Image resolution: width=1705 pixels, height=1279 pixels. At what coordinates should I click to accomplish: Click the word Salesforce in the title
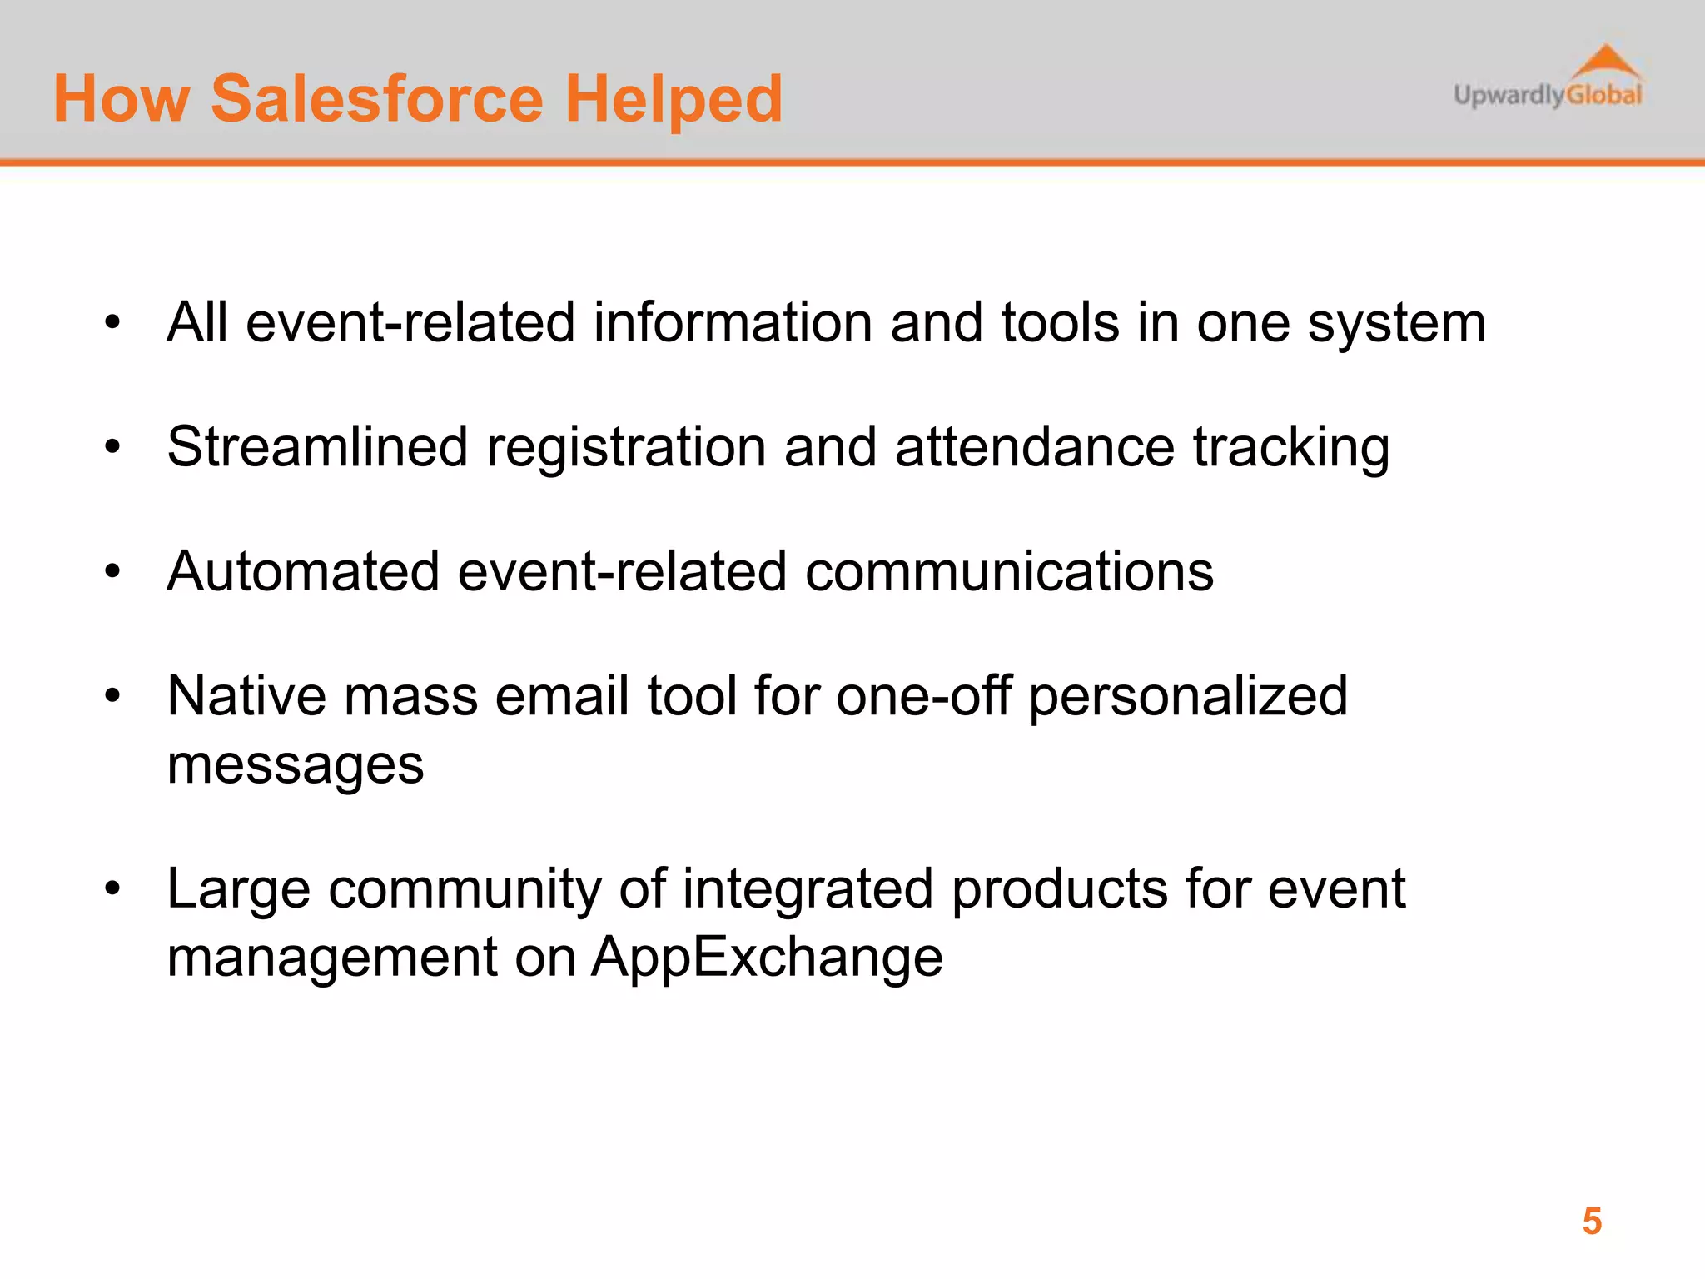pyautogui.click(x=377, y=99)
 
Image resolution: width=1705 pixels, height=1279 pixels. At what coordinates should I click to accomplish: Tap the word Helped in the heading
pyautogui.click(x=674, y=99)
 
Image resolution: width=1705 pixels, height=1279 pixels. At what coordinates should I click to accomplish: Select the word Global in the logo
pyautogui.click(x=1603, y=95)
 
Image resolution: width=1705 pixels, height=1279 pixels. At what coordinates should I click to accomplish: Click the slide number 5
pyautogui.click(x=1592, y=1222)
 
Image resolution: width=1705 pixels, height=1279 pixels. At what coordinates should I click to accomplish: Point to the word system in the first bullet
pyautogui.click(x=1396, y=323)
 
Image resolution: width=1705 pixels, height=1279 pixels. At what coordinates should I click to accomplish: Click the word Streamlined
pyautogui.click(x=317, y=447)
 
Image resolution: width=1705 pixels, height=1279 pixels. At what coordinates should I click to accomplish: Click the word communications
pyautogui.click(x=1009, y=571)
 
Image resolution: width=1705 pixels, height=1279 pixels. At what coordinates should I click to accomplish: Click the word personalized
pyautogui.click(x=1188, y=697)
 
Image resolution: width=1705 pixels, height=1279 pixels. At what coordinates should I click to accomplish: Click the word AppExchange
pyautogui.click(x=767, y=958)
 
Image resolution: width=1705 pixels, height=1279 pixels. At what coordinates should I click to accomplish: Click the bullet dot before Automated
pyautogui.click(x=113, y=571)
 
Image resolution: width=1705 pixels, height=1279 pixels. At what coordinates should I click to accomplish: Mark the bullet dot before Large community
pyautogui.click(x=113, y=888)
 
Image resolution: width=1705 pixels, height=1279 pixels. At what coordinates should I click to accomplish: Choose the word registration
pyautogui.click(x=626, y=448)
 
